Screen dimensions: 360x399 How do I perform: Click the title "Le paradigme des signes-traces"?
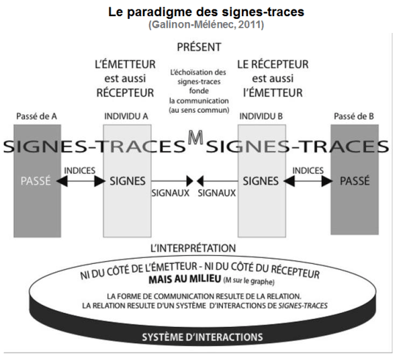pyautogui.click(x=199, y=13)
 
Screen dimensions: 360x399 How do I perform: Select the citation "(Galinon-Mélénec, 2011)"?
pyautogui.click(x=199, y=25)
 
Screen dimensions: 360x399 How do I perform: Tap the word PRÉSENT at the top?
pyautogui.click(x=199, y=48)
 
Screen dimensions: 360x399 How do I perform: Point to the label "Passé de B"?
pyautogui.click(x=353, y=116)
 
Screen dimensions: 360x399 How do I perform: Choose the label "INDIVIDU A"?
pyautogui.click(x=127, y=116)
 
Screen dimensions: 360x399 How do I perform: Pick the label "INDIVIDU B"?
pyautogui.click(x=261, y=116)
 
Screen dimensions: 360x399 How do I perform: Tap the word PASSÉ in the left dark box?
pyautogui.click(x=36, y=180)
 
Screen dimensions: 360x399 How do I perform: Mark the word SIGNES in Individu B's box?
pyautogui.click(x=261, y=180)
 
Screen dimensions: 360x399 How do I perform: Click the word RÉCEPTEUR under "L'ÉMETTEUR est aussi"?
pyautogui.click(x=126, y=92)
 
